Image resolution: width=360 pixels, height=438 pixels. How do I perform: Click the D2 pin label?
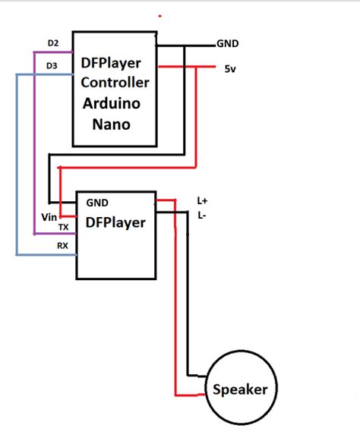(53, 43)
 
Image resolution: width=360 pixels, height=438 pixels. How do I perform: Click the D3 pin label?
(52, 66)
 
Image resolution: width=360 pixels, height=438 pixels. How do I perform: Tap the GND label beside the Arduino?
(228, 43)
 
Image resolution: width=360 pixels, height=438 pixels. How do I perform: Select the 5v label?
(230, 69)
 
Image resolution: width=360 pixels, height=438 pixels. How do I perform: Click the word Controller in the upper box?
(115, 83)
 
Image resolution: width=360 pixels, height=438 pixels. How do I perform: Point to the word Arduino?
(112, 103)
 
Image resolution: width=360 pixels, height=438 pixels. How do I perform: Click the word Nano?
(111, 124)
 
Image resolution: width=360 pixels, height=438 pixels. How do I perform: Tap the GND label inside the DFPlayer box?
(97, 203)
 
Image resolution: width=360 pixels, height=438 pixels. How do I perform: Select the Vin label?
(49, 217)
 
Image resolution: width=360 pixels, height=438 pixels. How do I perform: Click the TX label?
(64, 228)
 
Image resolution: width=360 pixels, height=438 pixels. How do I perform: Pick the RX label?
(62, 246)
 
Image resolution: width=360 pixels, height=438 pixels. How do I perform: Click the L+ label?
(202, 200)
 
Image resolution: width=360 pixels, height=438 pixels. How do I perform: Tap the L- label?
(202, 216)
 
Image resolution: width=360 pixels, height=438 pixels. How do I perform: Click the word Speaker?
(240, 389)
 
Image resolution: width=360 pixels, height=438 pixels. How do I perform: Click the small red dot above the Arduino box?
(160, 16)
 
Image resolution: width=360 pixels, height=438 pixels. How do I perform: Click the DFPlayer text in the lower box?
(115, 222)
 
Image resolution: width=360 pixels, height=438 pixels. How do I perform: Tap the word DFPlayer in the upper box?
(111, 63)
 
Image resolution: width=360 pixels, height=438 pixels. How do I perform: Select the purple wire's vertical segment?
(34, 143)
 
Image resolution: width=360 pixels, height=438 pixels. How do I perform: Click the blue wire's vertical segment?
(17, 164)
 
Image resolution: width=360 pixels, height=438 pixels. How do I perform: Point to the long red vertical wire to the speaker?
(175, 298)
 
